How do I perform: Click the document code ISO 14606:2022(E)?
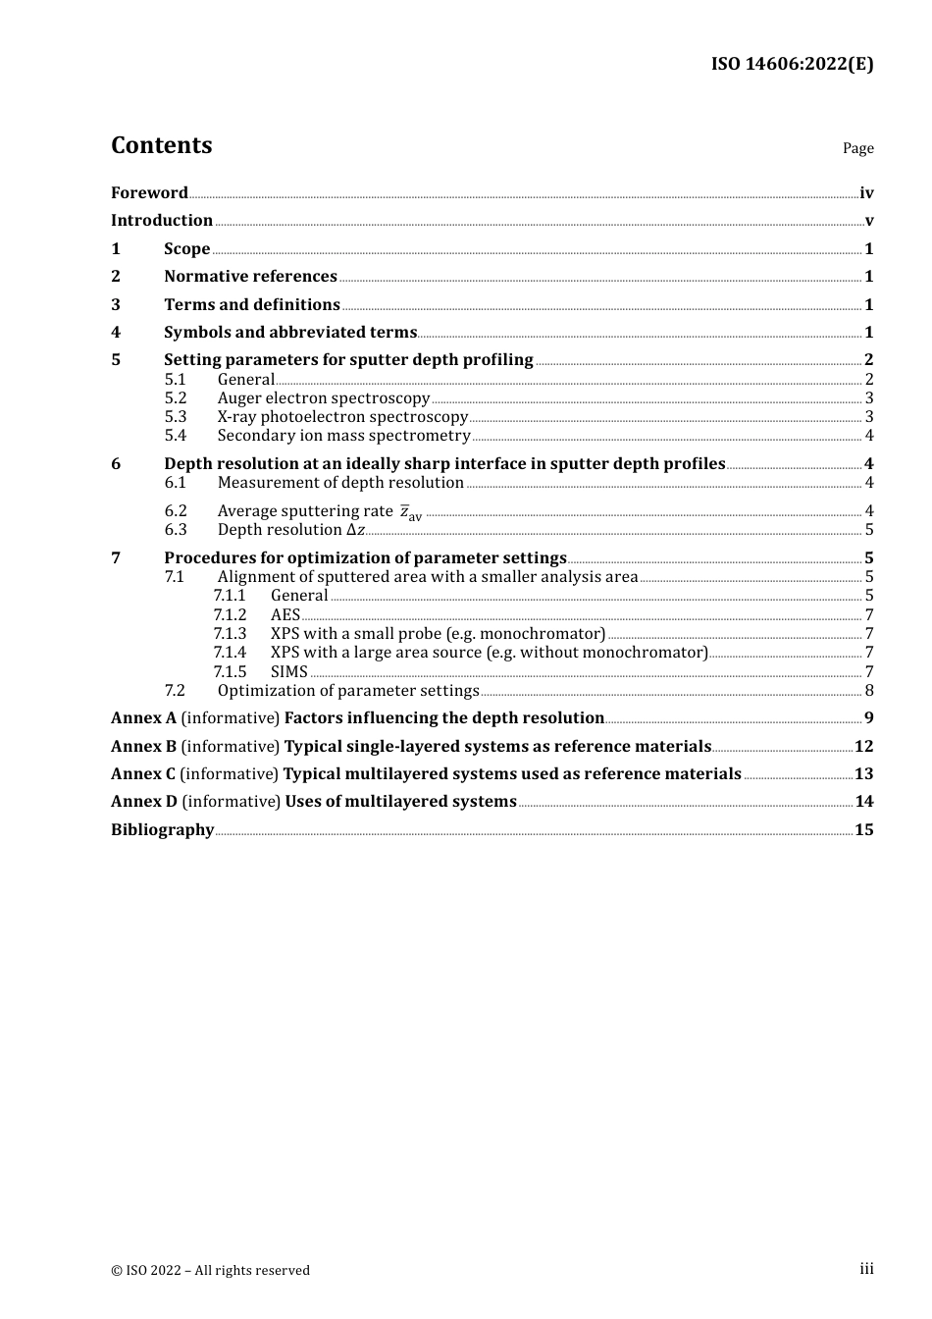792,64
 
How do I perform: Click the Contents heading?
161,145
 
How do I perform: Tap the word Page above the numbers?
857,148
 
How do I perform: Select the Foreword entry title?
149,192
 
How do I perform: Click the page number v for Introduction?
869,221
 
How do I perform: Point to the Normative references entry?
250,277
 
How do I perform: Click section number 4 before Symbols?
116,333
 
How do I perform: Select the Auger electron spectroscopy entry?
324,398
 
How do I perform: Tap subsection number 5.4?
176,436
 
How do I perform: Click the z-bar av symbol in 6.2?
410,512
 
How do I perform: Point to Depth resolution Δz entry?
291,530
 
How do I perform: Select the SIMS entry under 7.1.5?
289,672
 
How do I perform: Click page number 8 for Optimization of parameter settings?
869,691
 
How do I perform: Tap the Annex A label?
143,718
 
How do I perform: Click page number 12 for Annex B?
863,747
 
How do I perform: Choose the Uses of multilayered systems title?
400,802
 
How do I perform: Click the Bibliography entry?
162,830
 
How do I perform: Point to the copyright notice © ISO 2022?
210,1270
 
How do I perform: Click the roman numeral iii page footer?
866,1269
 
